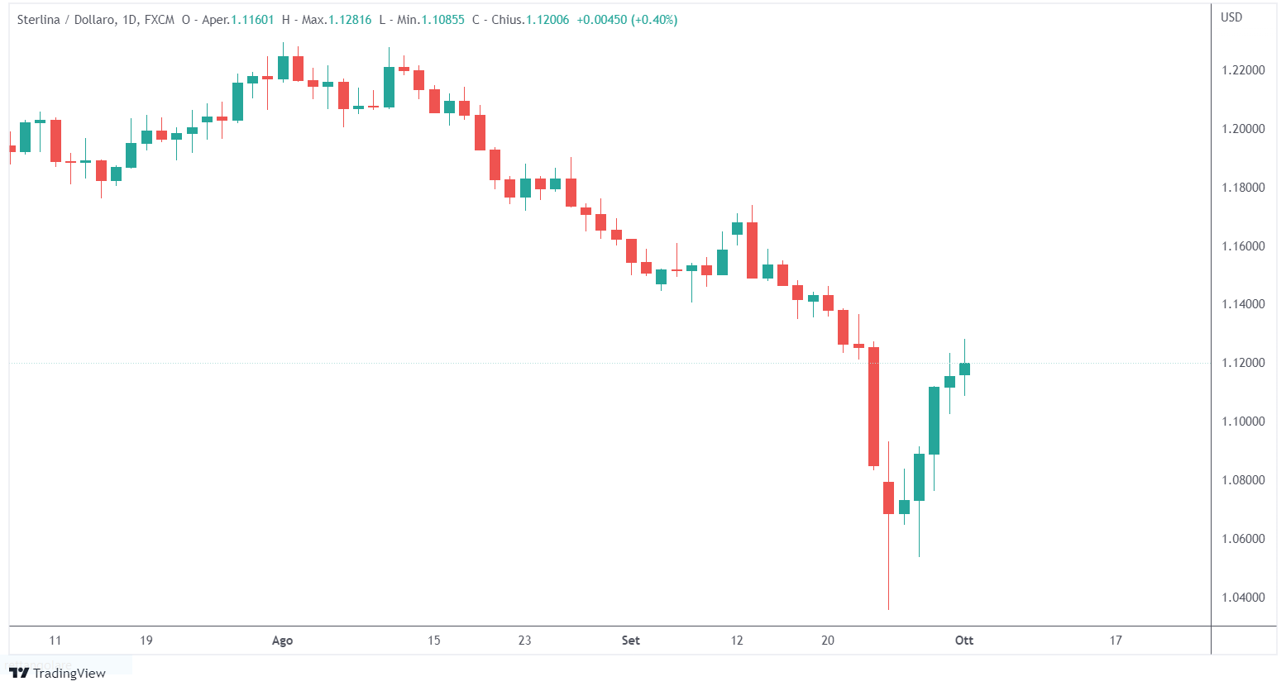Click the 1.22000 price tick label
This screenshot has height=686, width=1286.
pyautogui.click(x=1243, y=70)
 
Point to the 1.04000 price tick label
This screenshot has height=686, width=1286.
pyautogui.click(x=1243, y=598)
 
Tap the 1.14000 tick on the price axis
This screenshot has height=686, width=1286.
pyautogui.click(x=1243, y=304)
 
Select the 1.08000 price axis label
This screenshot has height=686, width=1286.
pyautogui.click(x=1243, y=480)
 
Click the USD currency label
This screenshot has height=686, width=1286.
pyautogui.click(x=1231, y=17)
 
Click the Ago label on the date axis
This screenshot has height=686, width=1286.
pyautogui.click(x=282, y=641)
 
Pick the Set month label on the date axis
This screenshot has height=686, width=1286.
pyautogui.click(x=630, y=641)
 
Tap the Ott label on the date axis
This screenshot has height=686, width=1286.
pyautogui.click(x=964, y=641)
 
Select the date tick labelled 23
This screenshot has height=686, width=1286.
pyautogui.click(x=524, y=641)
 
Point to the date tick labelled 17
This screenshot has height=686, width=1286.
pyautogui.click(x=1116, y=641)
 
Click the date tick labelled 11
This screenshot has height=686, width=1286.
pyautogui.click(x=55, y=641)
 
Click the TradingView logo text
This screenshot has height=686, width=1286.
pyautogui.click(x=69, y=674)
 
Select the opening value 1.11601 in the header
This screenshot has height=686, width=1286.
pyautogui.click(x=252, y=20)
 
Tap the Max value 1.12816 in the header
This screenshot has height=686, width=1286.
pyautogui.click(x=350, y=20)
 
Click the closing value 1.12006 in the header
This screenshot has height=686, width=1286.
pyautogui.click(x=547, y=20)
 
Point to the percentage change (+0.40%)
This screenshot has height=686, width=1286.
pyautogui.click(x=654, y=20)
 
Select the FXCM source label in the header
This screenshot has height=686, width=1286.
pyautogui.click(x=160, y=20)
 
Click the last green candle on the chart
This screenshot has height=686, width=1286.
pyautogui.click(x=964, y=369)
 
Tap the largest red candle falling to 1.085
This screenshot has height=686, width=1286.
pyautogui.click(x=873, y=407)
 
